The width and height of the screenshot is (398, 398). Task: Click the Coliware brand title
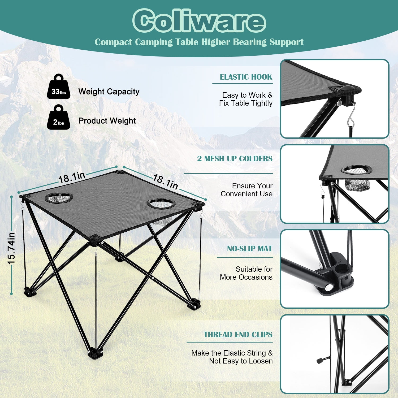199,21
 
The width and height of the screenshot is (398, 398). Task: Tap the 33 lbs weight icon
59,87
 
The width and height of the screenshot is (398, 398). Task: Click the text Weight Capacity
109,92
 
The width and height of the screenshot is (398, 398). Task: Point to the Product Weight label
107,121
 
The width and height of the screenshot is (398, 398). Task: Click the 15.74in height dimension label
11,248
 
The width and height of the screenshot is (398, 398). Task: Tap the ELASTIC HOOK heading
246,77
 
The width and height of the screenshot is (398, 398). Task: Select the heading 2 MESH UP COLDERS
235,159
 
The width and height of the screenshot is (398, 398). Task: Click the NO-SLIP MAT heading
250,249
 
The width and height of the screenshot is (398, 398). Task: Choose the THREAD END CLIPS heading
238,335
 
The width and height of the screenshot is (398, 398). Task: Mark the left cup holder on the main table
59,198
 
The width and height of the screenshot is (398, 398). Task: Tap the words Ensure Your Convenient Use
246,190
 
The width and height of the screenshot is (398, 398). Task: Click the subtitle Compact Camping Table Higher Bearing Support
199,42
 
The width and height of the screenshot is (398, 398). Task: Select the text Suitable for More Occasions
246,273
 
